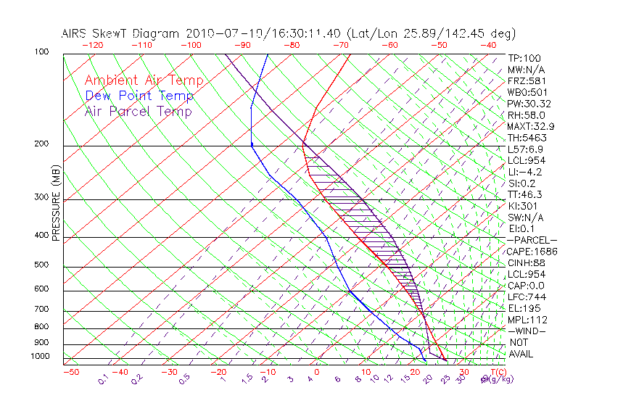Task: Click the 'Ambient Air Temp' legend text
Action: [x=144, y=80]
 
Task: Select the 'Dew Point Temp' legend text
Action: [x=139, y=96]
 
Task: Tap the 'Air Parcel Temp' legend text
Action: [x=138, y=111]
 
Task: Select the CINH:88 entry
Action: [x=526, y=262]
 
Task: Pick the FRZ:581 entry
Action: [x=526, y=80]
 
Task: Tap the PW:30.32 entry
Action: [x=530, y=104]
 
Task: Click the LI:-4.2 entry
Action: [x=524, y=172]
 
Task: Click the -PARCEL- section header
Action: [x=532, y=240]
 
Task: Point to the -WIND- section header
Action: [x=527, y=331]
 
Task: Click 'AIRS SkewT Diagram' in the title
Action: [x=121, y=33]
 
